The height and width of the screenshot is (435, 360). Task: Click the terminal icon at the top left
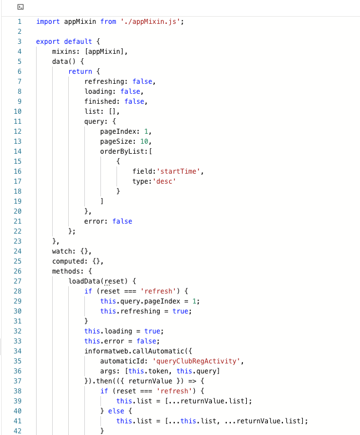pos(21,7)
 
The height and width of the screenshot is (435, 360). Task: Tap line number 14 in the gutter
pos(19,151)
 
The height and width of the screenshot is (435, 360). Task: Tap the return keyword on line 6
pos(80,72)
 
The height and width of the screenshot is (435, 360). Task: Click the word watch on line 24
pos(62,251)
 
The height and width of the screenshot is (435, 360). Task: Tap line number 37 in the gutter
pos(19,381)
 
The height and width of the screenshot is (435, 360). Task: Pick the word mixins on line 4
pos(64,52)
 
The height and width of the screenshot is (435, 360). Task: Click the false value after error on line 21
pos(122,221)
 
